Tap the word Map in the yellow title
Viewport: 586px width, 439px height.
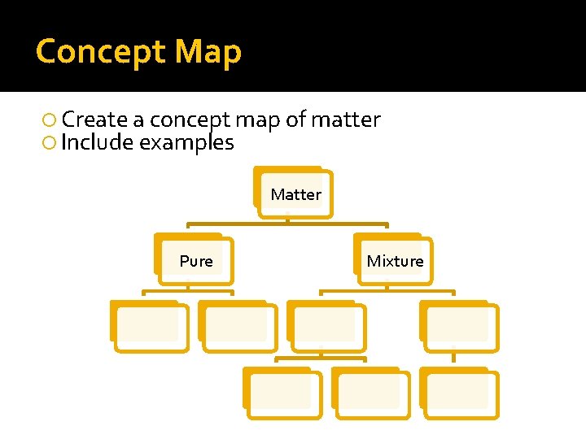click(x=208, y=51)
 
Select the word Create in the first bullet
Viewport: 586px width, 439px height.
click(x=94, y=120)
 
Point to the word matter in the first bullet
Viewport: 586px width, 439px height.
click(x=345, y=120)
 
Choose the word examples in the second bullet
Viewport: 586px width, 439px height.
click(x=187, y=143)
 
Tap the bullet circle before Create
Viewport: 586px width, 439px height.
click(x=50, y=120)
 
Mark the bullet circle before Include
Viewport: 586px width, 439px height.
click(x=50, y=144)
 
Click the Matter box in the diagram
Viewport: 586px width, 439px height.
click(x=295, y=194)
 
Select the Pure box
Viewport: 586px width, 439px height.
click(x=195, y=261)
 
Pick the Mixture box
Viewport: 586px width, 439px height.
click(x=395, y=261)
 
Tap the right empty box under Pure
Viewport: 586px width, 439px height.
click(x=238, y=327)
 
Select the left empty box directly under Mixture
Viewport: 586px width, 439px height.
click(x=326, y=327)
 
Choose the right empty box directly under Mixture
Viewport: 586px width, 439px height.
click(x=459, y=327)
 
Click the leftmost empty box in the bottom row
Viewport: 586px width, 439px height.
click(x=282, y=394)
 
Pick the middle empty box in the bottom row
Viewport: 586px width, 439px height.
click(x=370, y=394)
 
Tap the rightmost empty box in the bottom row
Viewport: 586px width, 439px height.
click(x=459, y=394)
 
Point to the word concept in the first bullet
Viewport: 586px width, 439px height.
click(x=190, y=120)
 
